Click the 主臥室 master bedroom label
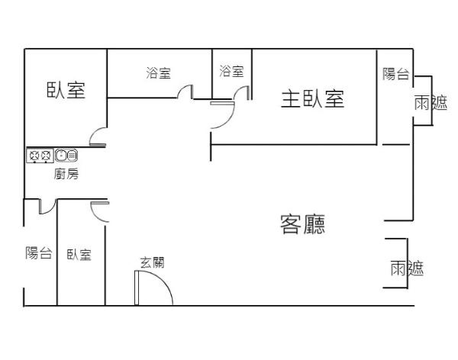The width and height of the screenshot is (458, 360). click(x=312, y=99)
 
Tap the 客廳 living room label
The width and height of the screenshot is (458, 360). click(x=302, y=223)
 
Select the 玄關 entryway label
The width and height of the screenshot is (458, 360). click(x=152, y=262)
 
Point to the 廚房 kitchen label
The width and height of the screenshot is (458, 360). click(x=66, y=174)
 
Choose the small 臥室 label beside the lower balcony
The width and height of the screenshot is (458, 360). click(x=79, y=255)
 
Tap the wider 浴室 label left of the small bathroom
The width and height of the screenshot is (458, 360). click(x=158, y=73)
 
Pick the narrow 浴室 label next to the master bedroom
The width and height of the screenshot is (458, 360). click(x=231, y=72)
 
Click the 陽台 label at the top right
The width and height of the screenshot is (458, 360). click(x=396, y=74)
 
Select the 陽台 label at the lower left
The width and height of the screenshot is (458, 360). click(x=38, y=253)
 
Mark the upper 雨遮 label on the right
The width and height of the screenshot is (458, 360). click(x=430, y=103)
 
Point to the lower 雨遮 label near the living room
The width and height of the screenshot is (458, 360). click(x=406, y=268)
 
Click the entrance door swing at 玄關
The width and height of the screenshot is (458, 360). click(x=153, y=288)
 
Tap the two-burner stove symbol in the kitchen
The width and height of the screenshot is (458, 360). click(x=40, y=156)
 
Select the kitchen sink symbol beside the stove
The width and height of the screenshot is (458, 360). click(x=66, y=156)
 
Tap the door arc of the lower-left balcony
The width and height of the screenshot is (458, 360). click(x=45, y=206)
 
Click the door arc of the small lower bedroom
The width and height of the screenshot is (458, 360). click(x=99, y=211)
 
